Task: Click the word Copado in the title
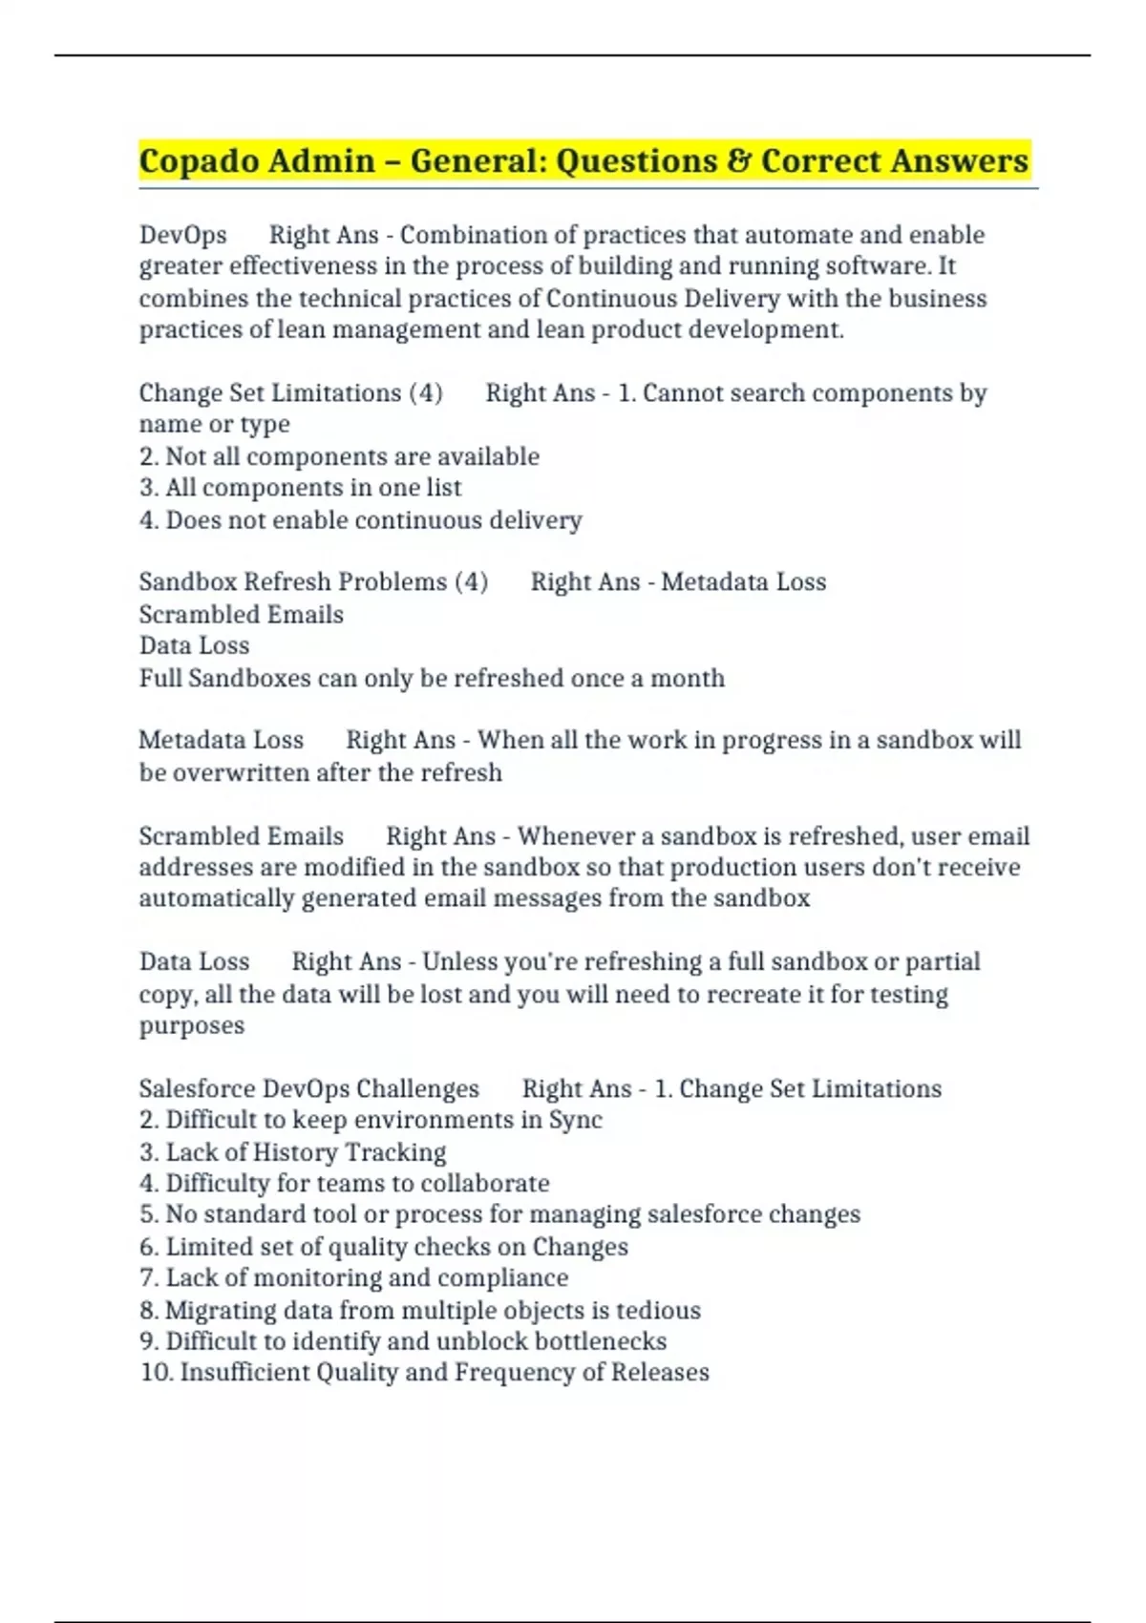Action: tap(197, 160)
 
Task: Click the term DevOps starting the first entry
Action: tap(183, 235)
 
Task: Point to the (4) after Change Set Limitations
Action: tap(425, 393)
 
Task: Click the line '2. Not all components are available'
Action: tap(339, 456)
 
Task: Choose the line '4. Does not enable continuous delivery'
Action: tap(360, 520)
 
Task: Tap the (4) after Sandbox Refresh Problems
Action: tap(471, 581)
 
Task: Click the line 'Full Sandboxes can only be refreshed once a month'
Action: tap(432, 678)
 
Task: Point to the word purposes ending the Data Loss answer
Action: tap(192, 1025)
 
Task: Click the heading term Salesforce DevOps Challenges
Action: tap(309, 1088)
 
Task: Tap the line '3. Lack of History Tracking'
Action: tap(292, 1152)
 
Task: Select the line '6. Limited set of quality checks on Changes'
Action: tap(383, 1247)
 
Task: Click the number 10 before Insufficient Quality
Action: tap(155, 1373)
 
